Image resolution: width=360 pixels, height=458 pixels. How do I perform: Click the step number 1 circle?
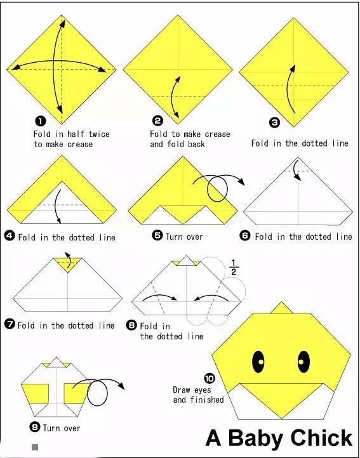pyautogui.click(x=41, y=121)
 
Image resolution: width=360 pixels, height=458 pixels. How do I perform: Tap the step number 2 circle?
pyautogui.click(x=157, y=121)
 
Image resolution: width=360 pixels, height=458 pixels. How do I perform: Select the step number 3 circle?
pyautogui.click(x=274, y=122)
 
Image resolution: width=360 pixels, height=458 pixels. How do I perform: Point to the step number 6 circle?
pyautogui.click(x=245, y=235)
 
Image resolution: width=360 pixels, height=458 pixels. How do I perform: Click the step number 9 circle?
pyautogui.click(x=35, y=427)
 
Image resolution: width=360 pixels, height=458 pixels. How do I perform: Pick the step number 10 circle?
pyautogui.click(x=210, y=379)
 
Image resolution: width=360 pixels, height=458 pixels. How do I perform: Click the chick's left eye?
pyautogui.click(x=258, y=362)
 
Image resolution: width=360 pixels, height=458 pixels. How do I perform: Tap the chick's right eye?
pyautogui.click(x=303, y=362)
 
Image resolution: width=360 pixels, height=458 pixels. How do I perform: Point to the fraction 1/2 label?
pyautogui.click(x=234, y=267)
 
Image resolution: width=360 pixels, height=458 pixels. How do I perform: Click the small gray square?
pyautogui.click(x=35, y=447)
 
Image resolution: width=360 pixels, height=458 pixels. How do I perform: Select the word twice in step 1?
pyautogui.click(x=99, y=134)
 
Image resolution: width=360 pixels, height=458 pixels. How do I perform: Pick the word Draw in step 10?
pyautogui.click(x=182, y=390)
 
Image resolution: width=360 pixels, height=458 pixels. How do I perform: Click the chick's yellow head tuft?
pyautogui.click(x=282, y=308)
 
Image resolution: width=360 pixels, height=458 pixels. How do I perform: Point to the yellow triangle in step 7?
pyautogui.click(x=67, y=264)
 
